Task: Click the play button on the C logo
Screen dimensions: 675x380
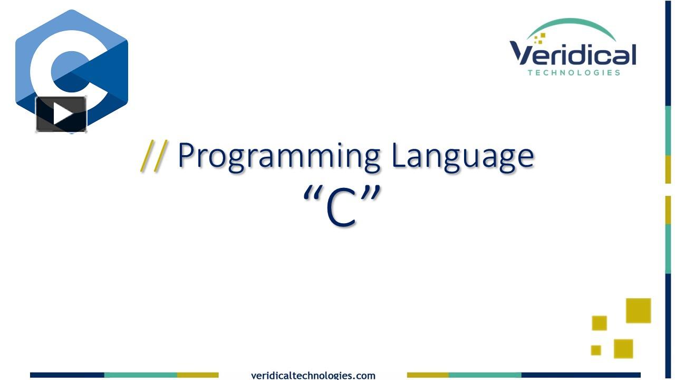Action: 62,115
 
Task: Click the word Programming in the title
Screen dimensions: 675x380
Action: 279,157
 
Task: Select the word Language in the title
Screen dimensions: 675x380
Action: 463,157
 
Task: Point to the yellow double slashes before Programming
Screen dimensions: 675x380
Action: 154,156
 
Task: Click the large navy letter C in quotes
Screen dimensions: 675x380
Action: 342,207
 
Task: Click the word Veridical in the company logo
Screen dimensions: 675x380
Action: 573,54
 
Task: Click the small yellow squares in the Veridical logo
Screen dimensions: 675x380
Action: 539,39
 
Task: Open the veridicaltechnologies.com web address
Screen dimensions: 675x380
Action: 313,375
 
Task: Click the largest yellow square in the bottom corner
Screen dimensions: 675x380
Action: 638,311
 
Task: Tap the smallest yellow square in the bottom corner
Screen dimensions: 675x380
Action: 596,350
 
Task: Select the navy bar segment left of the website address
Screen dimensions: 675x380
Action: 67,375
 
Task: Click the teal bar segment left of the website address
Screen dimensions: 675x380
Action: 141,375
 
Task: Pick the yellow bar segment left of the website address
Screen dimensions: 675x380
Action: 198,375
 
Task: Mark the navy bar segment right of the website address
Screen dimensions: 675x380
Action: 581,375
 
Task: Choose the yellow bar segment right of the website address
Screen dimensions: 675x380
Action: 428,375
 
